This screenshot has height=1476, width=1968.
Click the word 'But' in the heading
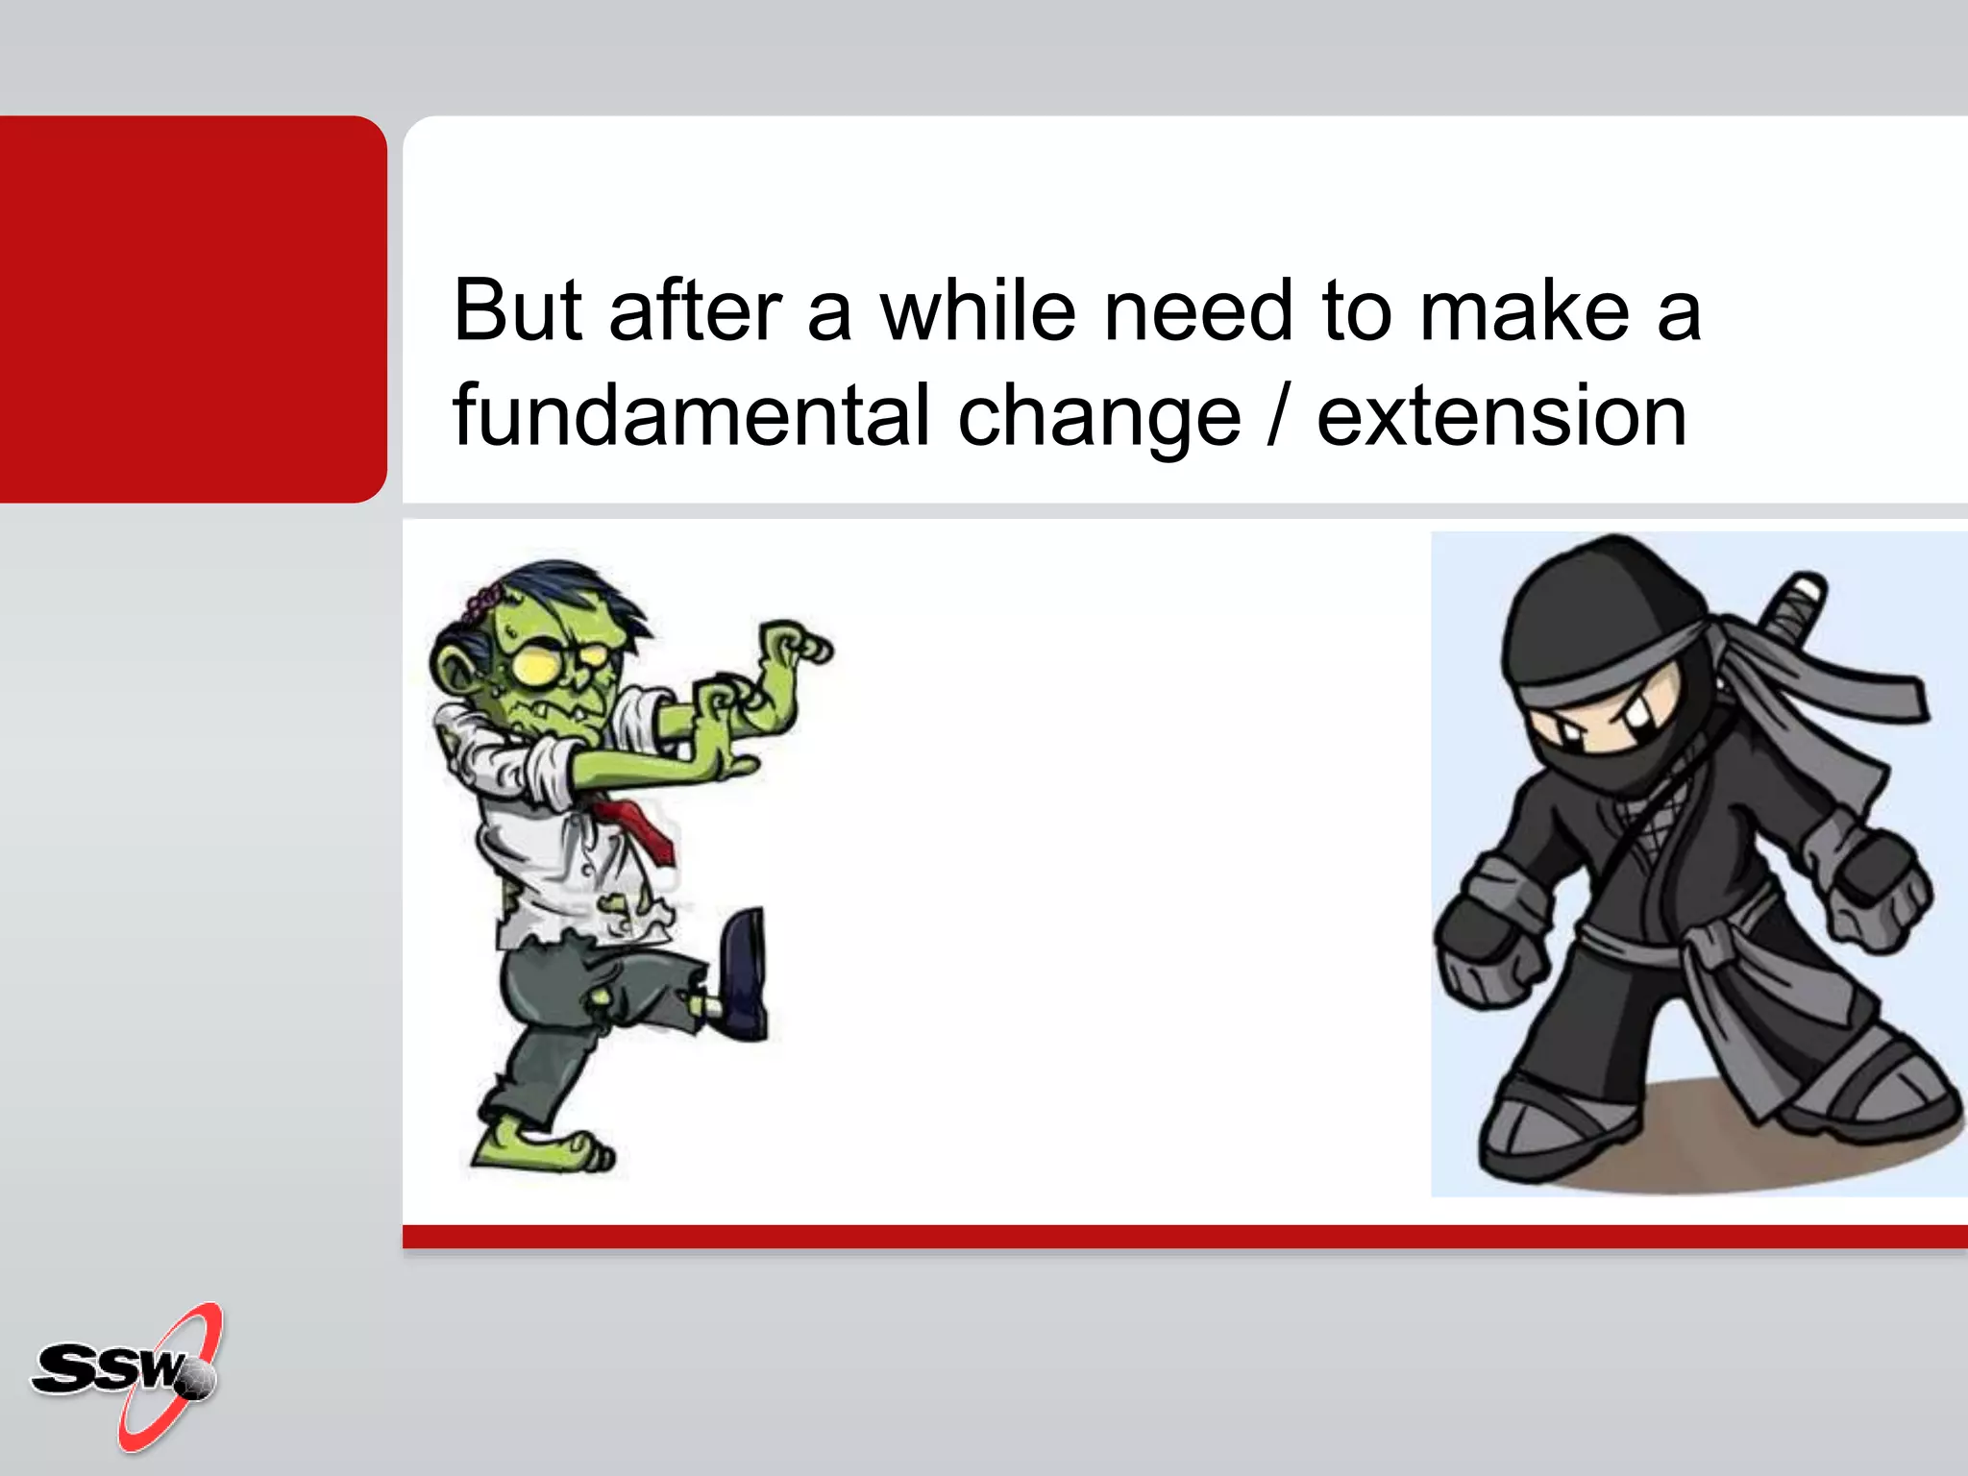tap(517, 310)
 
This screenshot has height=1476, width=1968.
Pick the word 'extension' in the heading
tap(1500, 416)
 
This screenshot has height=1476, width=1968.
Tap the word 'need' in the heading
tap(1197, 310)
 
